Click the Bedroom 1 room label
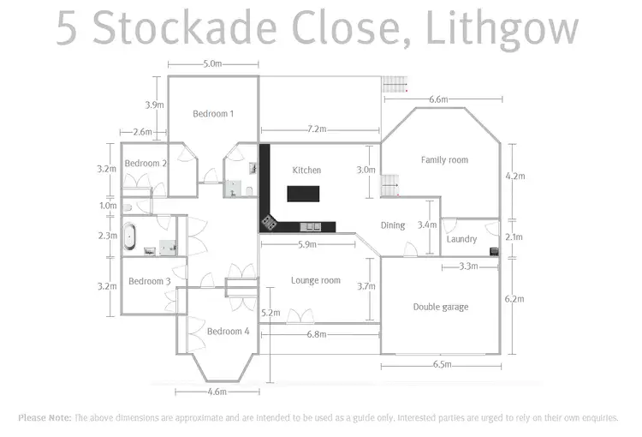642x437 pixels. point(213,114)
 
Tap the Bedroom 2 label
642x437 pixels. point(146,164)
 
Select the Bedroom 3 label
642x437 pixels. point(150,281)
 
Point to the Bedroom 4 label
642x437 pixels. point(229,332)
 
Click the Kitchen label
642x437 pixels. point(306,171)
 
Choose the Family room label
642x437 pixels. point(444,160)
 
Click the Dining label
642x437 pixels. point(393,225)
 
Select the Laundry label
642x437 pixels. point(461,239)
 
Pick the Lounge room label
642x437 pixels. point(315,280)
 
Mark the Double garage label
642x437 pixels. point(440,307)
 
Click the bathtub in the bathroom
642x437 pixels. point(130,236)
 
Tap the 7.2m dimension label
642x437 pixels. point(317,129)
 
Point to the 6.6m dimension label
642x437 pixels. point(437,99)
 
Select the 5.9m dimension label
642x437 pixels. point(307,245)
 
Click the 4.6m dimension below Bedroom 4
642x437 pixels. point(217,392)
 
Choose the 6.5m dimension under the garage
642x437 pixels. point(443,365)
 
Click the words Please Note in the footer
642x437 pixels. point(45,418)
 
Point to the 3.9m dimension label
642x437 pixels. point(154,105)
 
